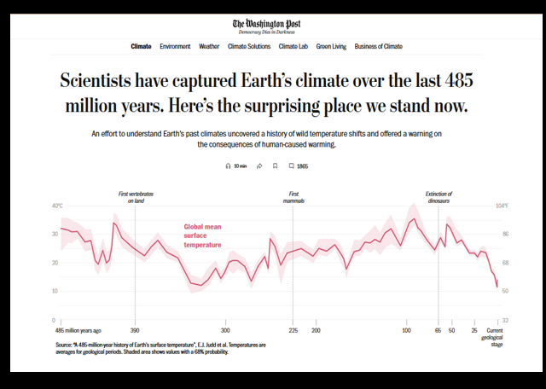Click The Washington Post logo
(272, 24)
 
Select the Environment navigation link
(175, 46)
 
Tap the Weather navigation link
(209, 46)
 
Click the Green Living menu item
(331, 46)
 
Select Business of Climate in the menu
(378, 46)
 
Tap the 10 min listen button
(236, 166)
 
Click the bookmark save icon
(275, 166)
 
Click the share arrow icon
(259, 166)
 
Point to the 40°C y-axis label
(57, 206)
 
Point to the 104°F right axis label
(503, 206)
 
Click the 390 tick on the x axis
(135, 329)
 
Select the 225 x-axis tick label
(293, 329)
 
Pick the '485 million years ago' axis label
(78, 329)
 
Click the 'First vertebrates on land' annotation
(136, 197)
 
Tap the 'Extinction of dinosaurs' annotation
(439, 197)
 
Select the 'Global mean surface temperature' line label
(203, 235)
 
